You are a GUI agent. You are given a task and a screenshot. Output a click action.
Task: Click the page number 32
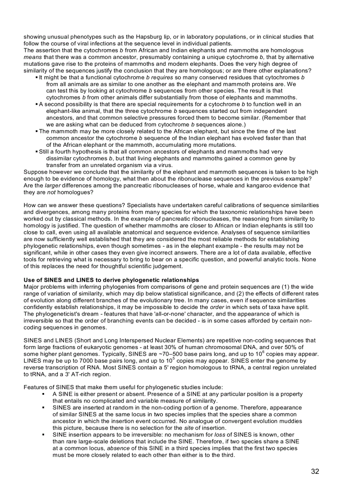coord(315,471)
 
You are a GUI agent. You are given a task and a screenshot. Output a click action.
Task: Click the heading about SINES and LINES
coord(111,280)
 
